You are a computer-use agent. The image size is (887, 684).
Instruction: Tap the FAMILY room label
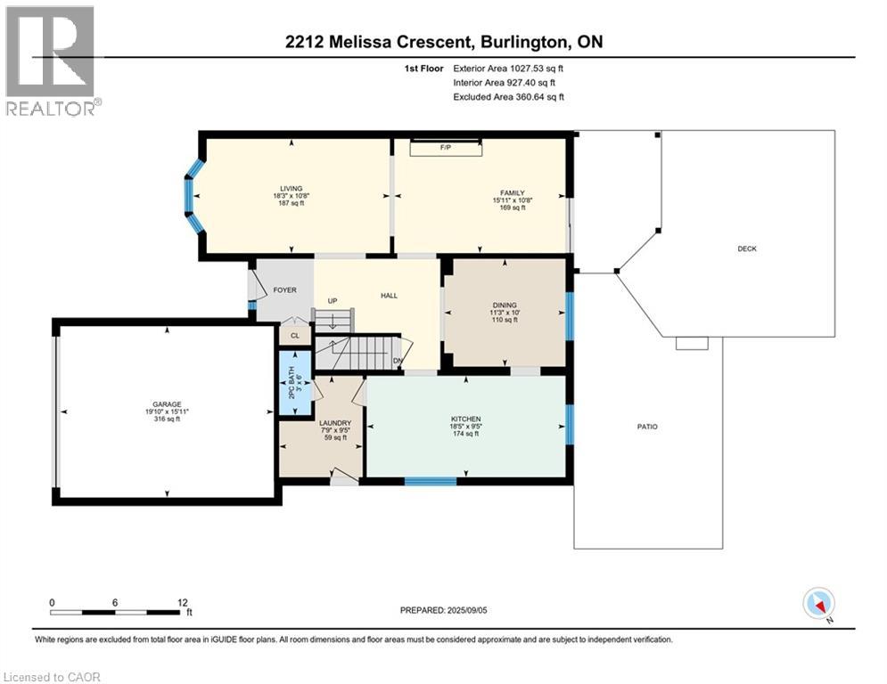[x=511, y=192]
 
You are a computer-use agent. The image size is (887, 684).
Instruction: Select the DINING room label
[x=504, y=305]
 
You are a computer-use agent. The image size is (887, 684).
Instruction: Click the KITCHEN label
[x=465, y=419]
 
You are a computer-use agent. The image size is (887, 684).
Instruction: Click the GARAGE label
[x=166, y=404]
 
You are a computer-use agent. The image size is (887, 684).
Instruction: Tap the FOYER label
[x=284, y=290]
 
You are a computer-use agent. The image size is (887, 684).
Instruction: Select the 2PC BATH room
[x=294, y=383]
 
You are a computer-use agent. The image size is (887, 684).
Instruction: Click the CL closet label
[x=295, y=335]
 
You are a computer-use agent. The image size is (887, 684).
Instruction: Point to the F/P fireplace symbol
[x=445, y=147]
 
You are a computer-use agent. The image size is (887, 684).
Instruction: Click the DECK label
[x=747, y=248]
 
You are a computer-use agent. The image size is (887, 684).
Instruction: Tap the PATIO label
[x=647, y=427]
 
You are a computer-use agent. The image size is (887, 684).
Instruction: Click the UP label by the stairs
[x=333, y=301]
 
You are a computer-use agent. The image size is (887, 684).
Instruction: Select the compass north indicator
[x=817, y=604]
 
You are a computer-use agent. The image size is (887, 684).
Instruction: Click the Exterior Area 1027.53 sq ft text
[x=508, y=68]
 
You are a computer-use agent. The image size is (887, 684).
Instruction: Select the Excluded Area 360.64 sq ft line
[x=508, y=97]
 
